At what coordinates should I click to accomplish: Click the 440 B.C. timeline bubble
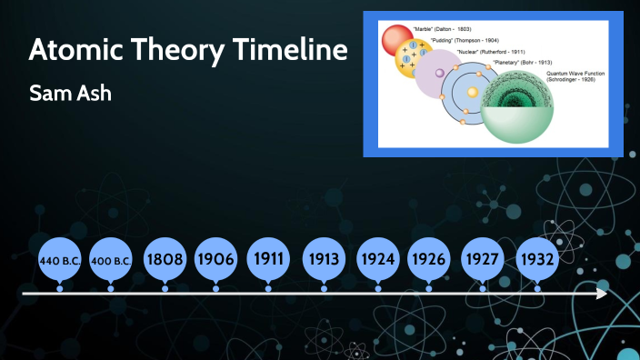click(x=60, y=259)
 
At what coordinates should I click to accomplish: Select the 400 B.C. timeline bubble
click(x=112, y=259)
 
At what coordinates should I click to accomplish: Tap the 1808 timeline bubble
click(x=165, y=259)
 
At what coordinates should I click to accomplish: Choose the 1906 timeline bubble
click(x=215, y=259)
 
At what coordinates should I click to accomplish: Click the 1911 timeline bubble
click(x=268, y=259)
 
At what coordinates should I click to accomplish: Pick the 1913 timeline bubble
click(x=324, y=259)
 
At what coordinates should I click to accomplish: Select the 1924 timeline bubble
click(x=377, y=259)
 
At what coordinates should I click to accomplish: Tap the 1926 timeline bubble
click(x=428, y=259)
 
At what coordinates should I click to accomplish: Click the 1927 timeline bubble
click(x=482, y=259)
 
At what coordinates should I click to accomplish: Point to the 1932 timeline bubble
click(x=536, y=259)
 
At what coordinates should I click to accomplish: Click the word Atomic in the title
click(x=75, y=51)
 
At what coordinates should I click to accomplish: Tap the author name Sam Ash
click(x=70, y=94)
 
